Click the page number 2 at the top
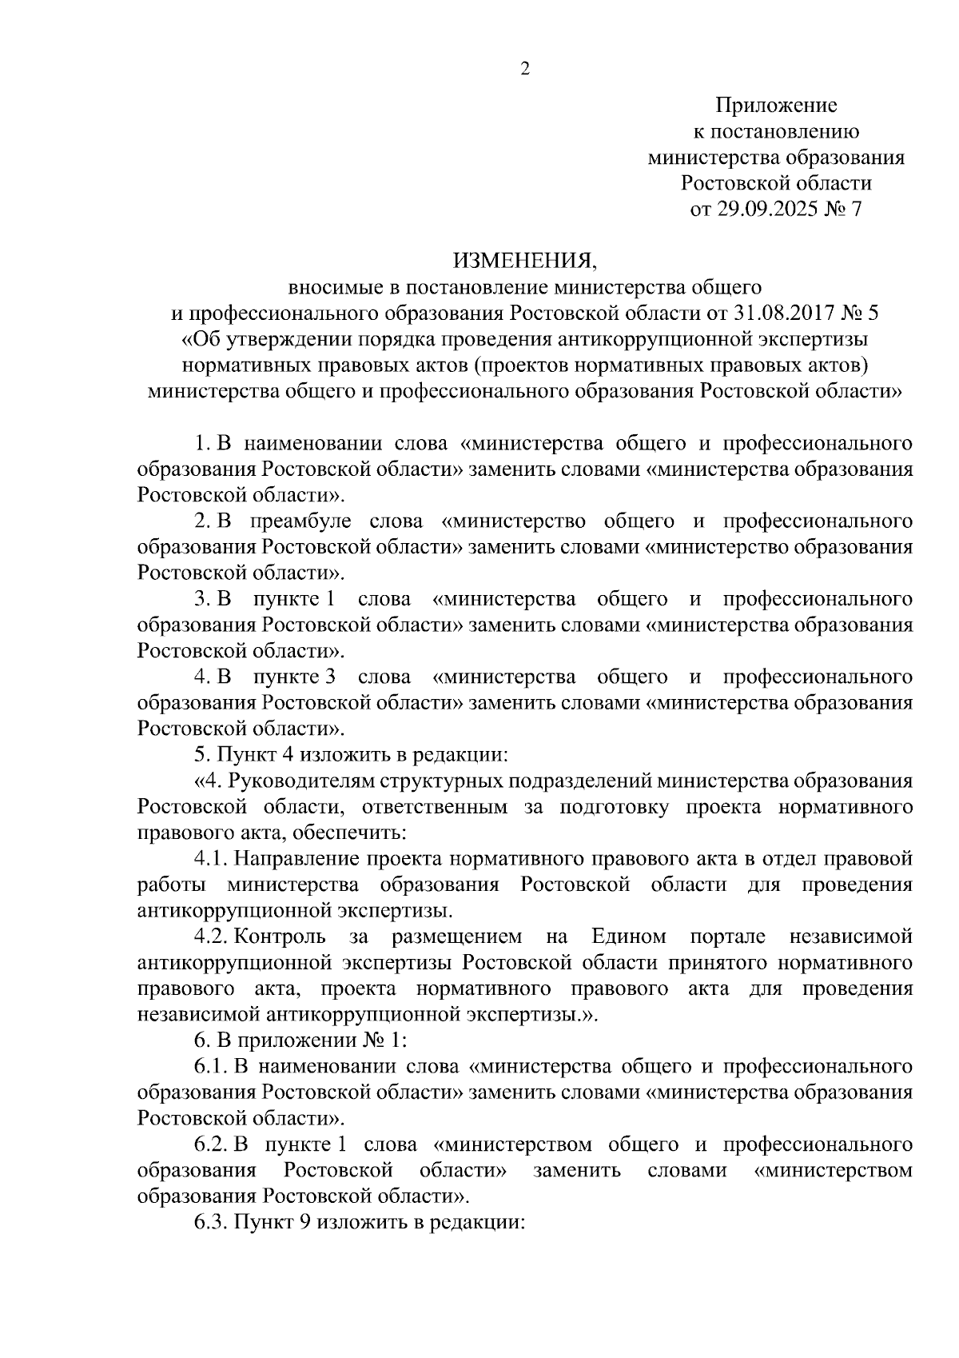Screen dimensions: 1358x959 (x=525, y=69)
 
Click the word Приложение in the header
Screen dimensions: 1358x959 (x=776, y=106)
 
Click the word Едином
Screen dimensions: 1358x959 (x=628, y=937)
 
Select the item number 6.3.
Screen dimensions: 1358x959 (x=212, y=1222)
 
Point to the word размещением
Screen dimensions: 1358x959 (x=457, y=937)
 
